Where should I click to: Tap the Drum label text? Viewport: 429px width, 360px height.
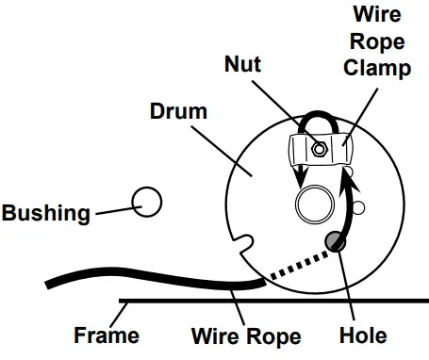coord(179,111)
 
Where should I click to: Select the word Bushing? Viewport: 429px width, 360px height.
coord(46,212)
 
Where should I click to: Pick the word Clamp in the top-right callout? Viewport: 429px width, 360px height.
coord(378,69)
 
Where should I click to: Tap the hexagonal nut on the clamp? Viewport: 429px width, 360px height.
coord(322,148)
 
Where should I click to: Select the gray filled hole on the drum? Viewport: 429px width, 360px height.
coord(336,241)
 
